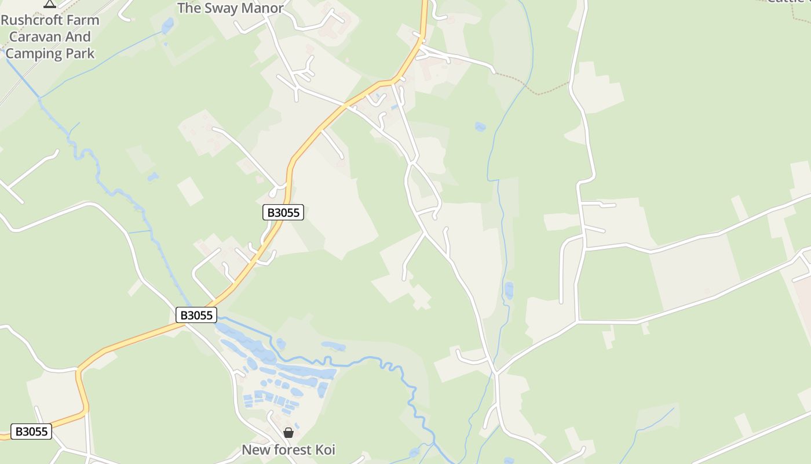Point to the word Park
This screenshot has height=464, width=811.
click(x=79, y=54)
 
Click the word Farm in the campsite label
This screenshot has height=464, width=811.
click(x=84, y=20)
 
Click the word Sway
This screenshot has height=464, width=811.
click(x=222, y=8)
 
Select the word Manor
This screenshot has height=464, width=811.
click(x=263, y=8)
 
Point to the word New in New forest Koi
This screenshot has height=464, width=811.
click(x=254, y=449)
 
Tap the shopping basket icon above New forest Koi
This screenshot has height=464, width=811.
click(x=288, y=433)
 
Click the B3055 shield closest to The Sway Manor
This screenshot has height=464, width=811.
click(x=283, y=212)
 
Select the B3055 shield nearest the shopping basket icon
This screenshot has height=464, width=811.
click(x=196, y=315)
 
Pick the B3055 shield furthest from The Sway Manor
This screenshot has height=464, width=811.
click(x=31, y=432)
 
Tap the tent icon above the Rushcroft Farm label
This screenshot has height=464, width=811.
click(x=50, y=3)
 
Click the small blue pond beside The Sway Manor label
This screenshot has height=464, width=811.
click(x=167, y=26)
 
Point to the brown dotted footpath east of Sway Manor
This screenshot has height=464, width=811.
click(x=539, y=92)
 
